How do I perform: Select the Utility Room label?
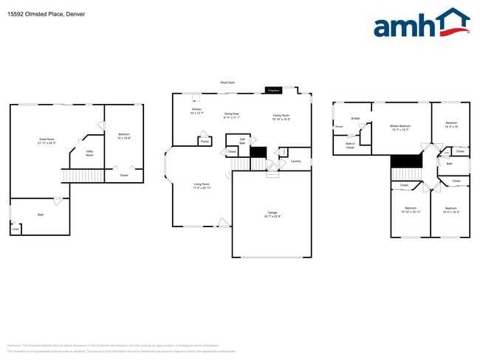[89, 153]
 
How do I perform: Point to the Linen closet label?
[16, 229]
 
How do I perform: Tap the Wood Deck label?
[227, 83]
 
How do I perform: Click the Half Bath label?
[242, 140]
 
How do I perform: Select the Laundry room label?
[295, 161]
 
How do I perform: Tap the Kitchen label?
[196, 109]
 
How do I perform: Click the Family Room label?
[281, 115]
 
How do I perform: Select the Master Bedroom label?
[400, 126]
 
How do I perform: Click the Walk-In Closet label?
[351, 145]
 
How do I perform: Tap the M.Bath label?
[355, 118]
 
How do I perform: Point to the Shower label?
[340, 126]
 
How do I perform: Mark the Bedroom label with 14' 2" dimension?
[451, 123]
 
